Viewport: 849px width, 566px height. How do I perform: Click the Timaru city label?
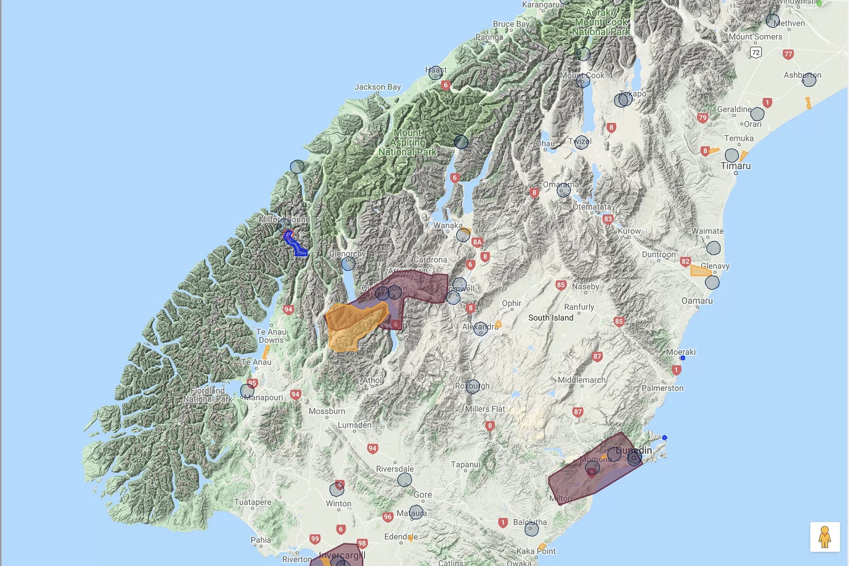coord(735,166)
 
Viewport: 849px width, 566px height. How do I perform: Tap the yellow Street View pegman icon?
coord(824,537)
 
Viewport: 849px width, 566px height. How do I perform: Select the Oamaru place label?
coord(697,301)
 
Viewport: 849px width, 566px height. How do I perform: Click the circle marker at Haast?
coord(435,73)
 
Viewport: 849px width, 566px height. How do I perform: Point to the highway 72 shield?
coord(756,52)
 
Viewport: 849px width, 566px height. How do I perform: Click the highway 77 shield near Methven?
coord(788,54)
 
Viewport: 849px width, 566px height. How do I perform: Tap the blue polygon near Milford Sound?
coord(294,244)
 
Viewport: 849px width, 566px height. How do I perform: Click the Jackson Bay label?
coord(377,87)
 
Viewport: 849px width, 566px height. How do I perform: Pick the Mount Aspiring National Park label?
coord(408,142)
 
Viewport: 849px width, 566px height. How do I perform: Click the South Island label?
coord(550,318)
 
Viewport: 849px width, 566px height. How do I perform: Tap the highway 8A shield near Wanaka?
coord(477,242)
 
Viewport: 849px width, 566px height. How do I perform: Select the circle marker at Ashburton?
coord(809,80)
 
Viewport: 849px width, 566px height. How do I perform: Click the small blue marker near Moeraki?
coord(683,358)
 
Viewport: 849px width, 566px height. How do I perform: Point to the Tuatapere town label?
coord(253,502)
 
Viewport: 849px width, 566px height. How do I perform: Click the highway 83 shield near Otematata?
coord(608,219)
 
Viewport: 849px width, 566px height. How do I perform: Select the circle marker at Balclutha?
coord(532,529)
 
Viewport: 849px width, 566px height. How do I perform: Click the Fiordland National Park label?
coord(208,394)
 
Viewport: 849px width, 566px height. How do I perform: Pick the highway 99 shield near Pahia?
coord(315,539)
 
